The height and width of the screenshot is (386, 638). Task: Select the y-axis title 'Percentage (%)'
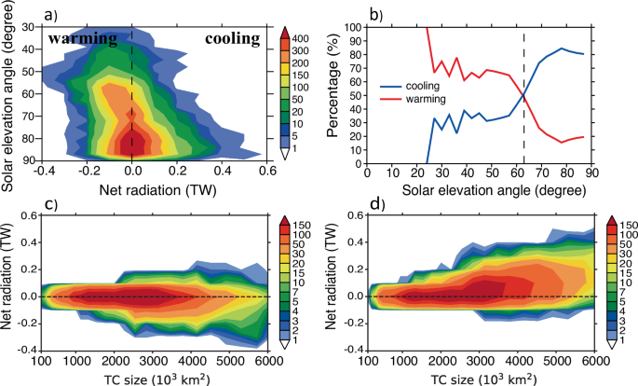pyautogui.click(x=336, y=94)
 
